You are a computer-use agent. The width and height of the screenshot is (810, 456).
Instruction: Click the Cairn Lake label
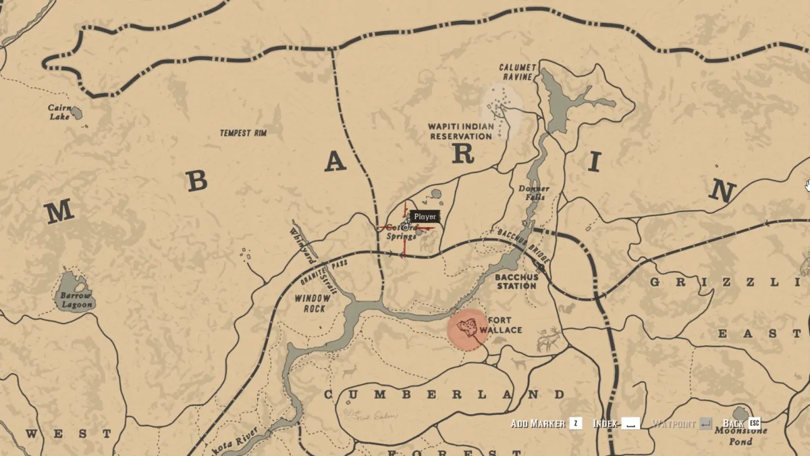tap(59, 112)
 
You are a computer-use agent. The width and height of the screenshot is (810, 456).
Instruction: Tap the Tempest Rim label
tap(243, 133)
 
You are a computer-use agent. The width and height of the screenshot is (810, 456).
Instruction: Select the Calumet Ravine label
tap(518, 72)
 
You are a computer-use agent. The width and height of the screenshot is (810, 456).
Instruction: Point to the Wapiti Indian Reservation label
tap(461, 131)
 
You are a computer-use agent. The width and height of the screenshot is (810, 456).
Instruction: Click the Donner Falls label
tap(533, 193)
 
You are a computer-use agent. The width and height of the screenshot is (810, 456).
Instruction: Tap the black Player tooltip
tap(425, 217)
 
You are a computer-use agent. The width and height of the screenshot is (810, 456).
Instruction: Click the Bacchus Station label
tap(516, 281)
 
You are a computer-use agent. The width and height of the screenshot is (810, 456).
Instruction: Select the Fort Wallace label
tap(500, 325)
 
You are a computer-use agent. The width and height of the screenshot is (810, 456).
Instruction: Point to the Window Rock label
tap(313, 303)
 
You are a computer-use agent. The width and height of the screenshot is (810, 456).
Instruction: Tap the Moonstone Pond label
tap(740, 436)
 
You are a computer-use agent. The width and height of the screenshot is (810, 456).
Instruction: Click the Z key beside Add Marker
tap(575, 424)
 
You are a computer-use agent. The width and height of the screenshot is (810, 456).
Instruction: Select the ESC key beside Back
tap(754, 424)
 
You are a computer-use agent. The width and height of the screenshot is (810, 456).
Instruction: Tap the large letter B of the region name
tap(197, 180)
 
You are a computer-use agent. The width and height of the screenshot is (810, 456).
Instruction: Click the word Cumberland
tap(443, 394)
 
